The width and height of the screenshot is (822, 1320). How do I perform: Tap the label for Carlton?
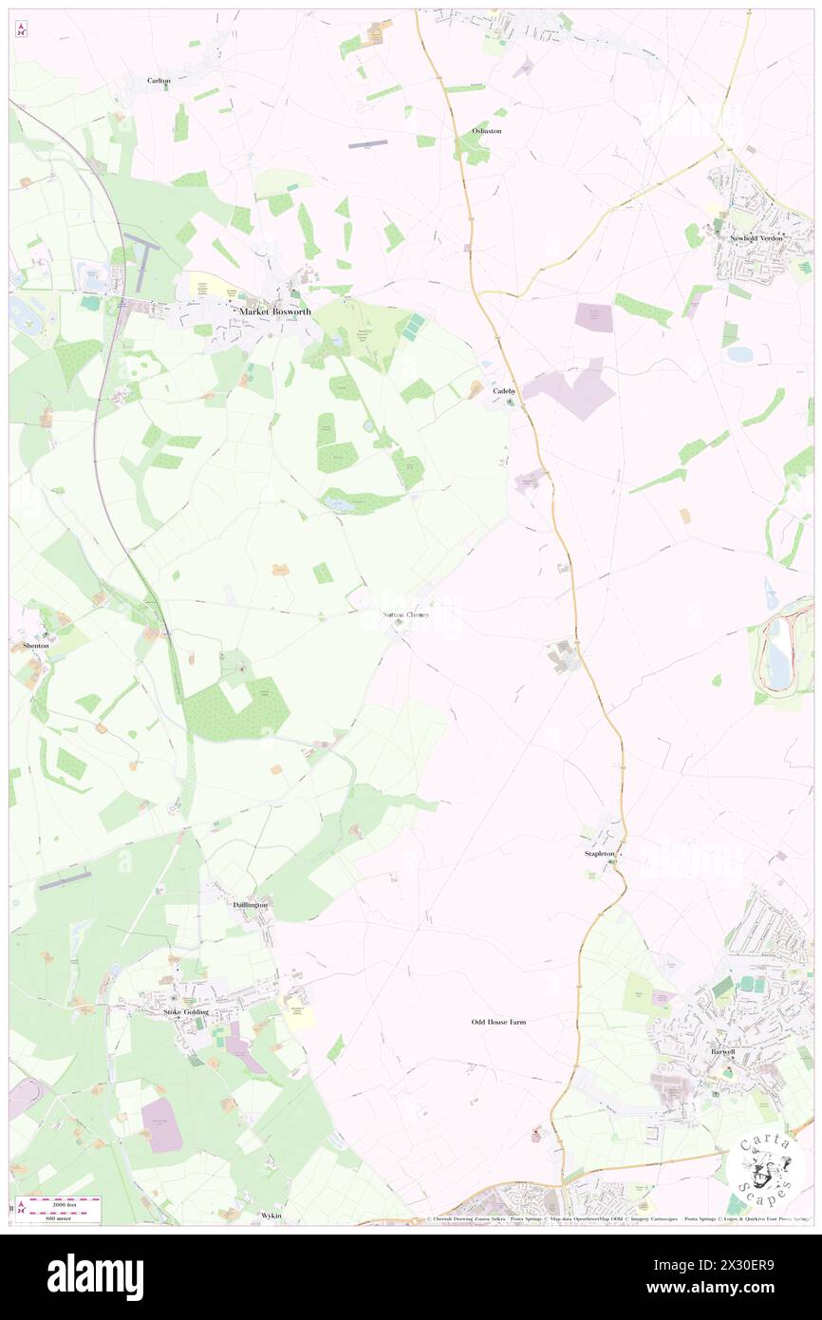(159, 81)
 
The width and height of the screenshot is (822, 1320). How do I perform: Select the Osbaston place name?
(486, 130)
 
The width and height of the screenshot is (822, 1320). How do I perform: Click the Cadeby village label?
(503, 390)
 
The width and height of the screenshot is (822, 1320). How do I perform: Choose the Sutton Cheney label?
(405, 614)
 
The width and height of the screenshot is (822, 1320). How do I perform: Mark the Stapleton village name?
(599, 854)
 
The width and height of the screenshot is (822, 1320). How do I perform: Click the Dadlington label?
(251, 905)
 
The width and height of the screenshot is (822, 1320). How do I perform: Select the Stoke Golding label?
(186, 1012)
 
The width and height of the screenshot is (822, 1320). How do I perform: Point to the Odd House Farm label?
(498, 1022)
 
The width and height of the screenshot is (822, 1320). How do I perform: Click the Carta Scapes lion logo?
(765, 1168)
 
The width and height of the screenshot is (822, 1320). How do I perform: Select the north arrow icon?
(20, 30)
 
